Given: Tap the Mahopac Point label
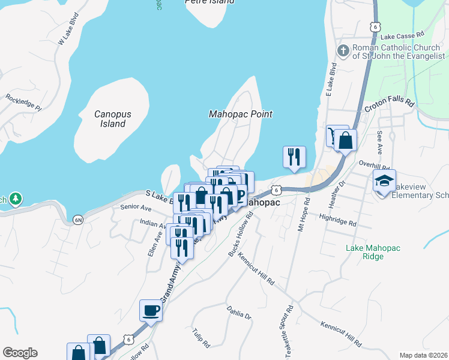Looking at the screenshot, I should click(x=240, y=114).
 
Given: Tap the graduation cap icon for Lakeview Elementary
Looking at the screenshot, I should click(x=384, y=179).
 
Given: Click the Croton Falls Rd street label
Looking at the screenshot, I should click(x=390, y=106).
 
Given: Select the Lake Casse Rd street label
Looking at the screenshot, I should click(x=406, y=37).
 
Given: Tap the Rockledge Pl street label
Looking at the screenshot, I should click(x=23, y=103).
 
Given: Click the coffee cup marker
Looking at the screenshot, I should click(x=151, y=311).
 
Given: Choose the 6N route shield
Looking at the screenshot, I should click(x=78, y=220).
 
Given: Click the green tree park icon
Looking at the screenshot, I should click(x=15, y=198).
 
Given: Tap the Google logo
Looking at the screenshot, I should click(x=20, y=353).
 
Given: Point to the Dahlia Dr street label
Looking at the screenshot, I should click(x=239, y=312).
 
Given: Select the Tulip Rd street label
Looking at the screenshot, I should click(x=200, y=338).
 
